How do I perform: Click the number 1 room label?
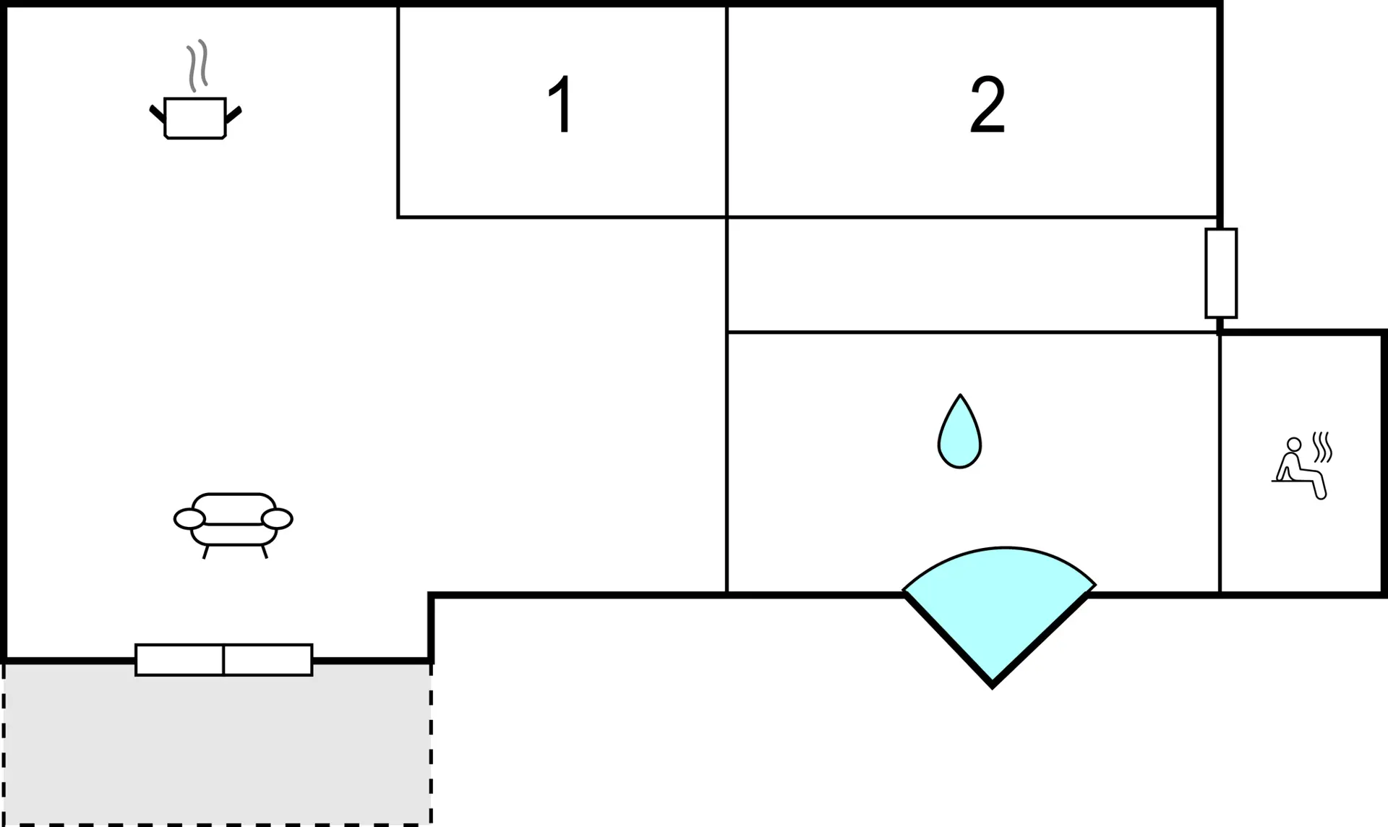(x=561, y=104)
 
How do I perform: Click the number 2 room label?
(x=988, y=105)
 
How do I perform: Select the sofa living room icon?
(x=234, y=526)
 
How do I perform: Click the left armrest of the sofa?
(x=189, y=519)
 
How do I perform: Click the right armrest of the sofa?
(x=277, y=519)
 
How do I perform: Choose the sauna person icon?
(x=1302, y=466)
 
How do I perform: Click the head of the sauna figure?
(x=1294, y=444)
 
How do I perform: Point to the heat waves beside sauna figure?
(x=1322, y=447)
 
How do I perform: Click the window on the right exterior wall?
(x=1221, y=273)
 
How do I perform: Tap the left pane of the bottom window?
(x=179, y=660)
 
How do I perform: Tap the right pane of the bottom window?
(x=268, y=660)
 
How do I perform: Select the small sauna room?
(x=1302, y=463)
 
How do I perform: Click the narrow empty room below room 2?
(x=972, y=275)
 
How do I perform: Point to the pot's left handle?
(x=158, y=114)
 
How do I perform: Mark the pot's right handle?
(x=233, y=114)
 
